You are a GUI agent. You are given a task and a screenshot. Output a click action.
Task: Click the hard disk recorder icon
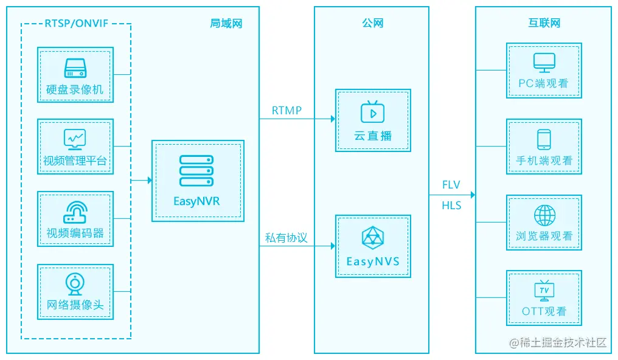75,67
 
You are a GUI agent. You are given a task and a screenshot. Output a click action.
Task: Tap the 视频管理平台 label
75,161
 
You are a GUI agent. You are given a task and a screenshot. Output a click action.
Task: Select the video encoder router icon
75,211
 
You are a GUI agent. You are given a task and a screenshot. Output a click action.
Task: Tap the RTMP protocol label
286,110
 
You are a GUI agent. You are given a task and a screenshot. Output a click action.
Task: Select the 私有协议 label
286,238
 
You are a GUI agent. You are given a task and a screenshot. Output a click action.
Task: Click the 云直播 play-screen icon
372,112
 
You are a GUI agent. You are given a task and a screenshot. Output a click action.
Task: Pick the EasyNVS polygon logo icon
372,238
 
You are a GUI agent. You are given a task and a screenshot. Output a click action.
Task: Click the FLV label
451,185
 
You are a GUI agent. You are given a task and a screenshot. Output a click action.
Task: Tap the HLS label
451,206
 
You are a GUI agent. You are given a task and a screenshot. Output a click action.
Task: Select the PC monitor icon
544,62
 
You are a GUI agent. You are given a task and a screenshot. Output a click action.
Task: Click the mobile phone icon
544,139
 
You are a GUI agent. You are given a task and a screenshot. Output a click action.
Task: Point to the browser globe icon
544,215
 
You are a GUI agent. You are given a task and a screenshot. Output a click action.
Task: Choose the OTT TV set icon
544,291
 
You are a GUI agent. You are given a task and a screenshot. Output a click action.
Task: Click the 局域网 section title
226,24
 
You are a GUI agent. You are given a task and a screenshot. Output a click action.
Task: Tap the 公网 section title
372,24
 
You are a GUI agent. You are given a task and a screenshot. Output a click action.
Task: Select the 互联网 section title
544,24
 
